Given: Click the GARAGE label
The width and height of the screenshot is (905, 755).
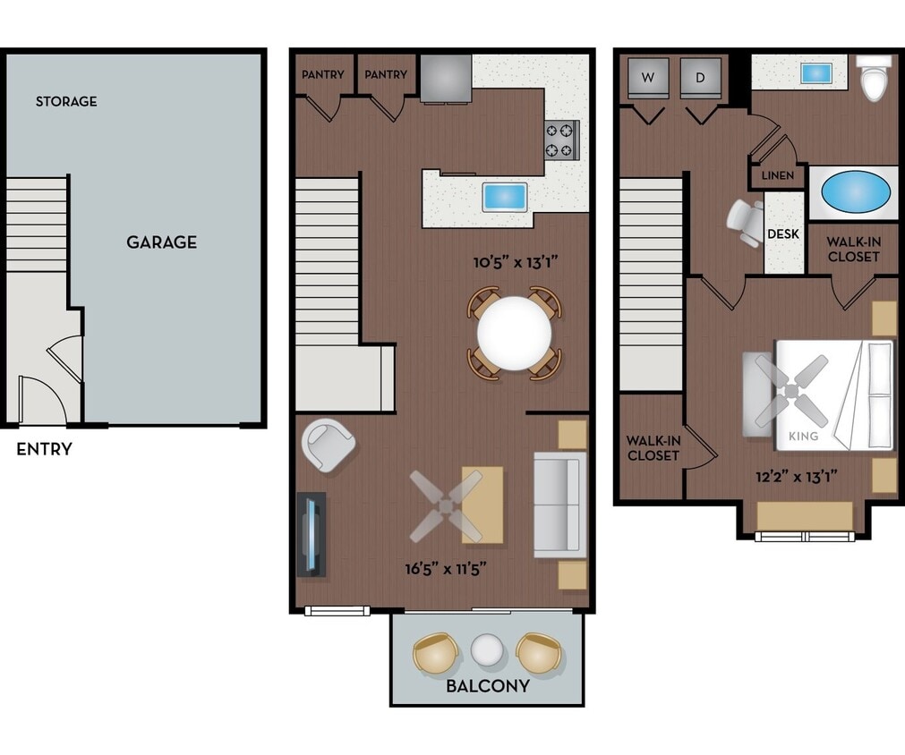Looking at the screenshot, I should pos(161,242).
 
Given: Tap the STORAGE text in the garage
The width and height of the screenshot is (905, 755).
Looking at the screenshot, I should pos(66,101).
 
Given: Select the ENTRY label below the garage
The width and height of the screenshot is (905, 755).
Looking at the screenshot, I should pos(44,449).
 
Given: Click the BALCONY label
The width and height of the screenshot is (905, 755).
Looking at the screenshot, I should pos(488,686).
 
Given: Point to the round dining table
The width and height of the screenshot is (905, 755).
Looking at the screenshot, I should pos(515,334).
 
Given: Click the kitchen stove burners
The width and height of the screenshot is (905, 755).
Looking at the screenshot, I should pos(562,140).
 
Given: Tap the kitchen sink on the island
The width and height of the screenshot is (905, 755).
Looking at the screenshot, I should pos(505,197).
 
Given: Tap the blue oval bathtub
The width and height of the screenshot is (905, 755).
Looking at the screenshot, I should pos(855,191).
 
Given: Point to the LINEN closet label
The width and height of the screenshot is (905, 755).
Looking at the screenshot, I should pos(777,175).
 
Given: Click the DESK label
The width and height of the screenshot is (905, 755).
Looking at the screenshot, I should pos(783,234).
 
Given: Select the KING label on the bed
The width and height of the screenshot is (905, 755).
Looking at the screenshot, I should pos(804,437).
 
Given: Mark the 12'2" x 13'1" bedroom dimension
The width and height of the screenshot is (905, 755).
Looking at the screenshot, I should pos(797,476).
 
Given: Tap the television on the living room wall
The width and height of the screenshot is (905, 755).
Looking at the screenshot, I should pos(311,534).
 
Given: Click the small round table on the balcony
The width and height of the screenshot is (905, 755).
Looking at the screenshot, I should pos(488,650).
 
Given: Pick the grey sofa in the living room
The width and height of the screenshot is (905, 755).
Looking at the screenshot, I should pos(559,505).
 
